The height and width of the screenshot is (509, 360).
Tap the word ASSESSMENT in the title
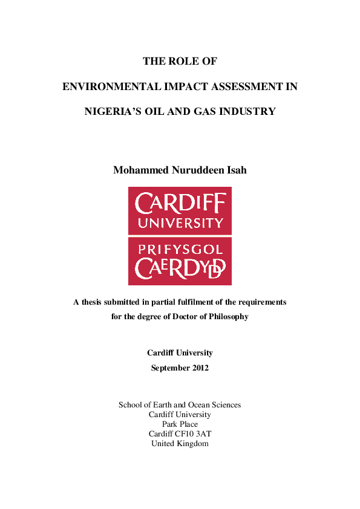coord(250,86)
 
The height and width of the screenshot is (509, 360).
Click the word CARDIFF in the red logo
coord(180,204)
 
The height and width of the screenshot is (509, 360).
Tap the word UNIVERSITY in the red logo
coord(180,223)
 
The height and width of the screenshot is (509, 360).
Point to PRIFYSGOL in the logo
coord(180,248)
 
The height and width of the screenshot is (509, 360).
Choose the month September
coord(169,368)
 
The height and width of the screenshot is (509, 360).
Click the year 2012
coord(198,368)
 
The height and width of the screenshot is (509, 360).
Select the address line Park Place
coord(180,424)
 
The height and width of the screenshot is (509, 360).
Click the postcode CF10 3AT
coord(193,434)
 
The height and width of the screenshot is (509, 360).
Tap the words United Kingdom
coord(180,444)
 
